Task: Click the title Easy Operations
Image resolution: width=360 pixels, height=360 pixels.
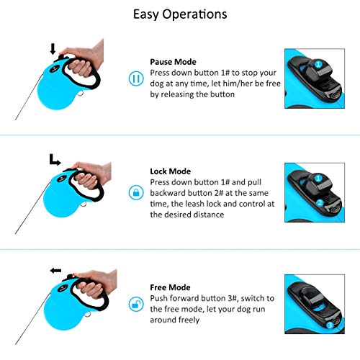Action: click(x=180, y=14)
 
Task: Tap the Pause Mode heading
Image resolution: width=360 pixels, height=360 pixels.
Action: click(x=173, y=62)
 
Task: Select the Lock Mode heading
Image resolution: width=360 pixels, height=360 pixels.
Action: click(x=171, y=171)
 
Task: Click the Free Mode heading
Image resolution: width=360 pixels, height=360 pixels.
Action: click(x=170, y=287)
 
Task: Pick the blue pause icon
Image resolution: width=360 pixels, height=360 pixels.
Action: click(x=136, y=78)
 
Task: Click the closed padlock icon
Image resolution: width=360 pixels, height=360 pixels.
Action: click(x=136, y=192)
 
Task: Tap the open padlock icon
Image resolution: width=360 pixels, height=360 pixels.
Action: click(x=136, y=304)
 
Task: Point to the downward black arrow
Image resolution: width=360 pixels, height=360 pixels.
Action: click(x=53, y=49)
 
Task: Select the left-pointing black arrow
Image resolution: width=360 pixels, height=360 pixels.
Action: click(x=55, y=271)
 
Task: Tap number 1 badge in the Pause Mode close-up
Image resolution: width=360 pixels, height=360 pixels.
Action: click(x=318, y=64)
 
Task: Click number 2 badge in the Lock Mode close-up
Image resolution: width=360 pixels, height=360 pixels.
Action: click(x=320, y=203)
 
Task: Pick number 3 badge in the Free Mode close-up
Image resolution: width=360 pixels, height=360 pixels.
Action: click(x=330, y=325)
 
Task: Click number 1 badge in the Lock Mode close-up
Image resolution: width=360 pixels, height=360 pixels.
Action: click(x=318, y=178)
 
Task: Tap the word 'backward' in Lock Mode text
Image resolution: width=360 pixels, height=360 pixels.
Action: click(x=164, y=193)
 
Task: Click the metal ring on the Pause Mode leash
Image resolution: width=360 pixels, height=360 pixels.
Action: click(x=81, y=93)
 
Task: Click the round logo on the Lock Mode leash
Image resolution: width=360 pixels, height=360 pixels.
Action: click(x=62, y=179)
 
